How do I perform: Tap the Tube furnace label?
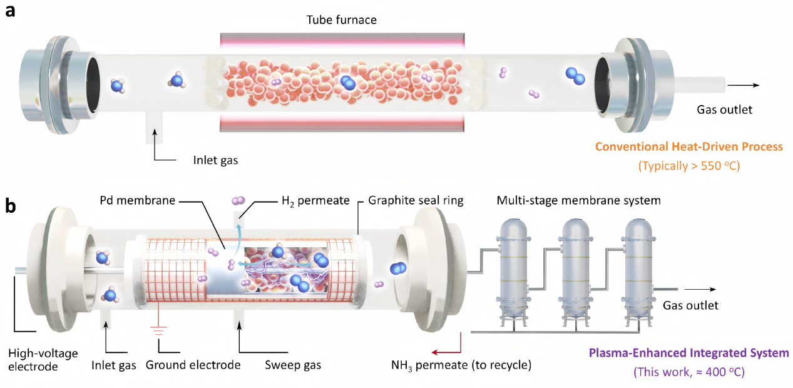click(341, 19)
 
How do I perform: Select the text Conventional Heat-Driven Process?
click(688, 146)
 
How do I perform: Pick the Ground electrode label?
click(193, 365)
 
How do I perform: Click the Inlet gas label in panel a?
click(215, 160)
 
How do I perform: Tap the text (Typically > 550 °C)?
click(689, 166)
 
